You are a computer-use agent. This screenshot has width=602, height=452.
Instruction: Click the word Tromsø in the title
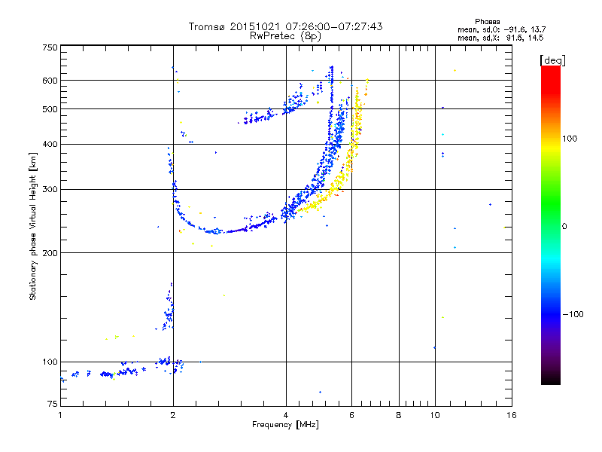(x=207, y=26)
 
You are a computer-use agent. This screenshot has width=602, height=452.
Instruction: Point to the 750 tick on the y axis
(x=50, y=47)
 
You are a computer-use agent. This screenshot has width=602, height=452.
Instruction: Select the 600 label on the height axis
(x=50, y=80)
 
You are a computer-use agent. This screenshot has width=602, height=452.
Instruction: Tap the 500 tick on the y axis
(x=50, y=108)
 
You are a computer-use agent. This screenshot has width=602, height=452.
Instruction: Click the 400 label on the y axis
(x=50, y=144)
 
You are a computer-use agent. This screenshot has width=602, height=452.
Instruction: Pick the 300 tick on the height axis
(x=50, y=189)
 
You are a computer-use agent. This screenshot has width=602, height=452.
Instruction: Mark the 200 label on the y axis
(x=50, y=252)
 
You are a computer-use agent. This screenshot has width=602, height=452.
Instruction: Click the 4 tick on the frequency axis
(x=286, y=415)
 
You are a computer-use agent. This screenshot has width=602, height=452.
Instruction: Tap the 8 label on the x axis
(x=399, y=415)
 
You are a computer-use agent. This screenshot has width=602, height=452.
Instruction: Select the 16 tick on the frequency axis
(x=511, y=415)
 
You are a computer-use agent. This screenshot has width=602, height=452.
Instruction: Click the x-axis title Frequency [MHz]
(x=285, y=425)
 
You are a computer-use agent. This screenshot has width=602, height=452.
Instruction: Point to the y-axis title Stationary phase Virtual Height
(x=33, y=226)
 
